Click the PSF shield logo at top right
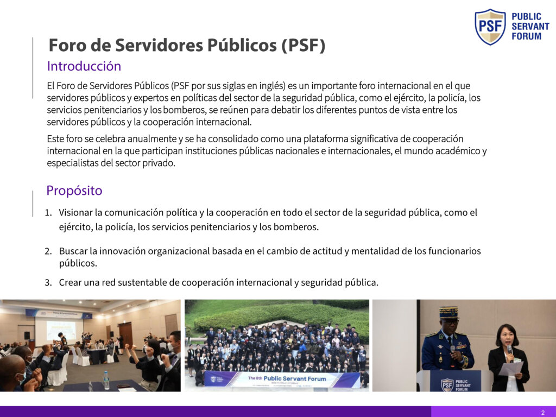coord(490,27)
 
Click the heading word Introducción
coord(84,66)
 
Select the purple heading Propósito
coord(74,191)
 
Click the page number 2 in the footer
coord(543,413)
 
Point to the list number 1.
coord(48,213)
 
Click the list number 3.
coord(48,282)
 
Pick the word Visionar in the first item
coord(75,212)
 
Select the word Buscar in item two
coord(73,251)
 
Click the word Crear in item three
coord(69,282)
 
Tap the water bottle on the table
coord(106,380)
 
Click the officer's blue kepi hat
coord(448,312)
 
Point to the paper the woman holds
coord(510,369)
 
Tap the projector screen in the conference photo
coord(61,331)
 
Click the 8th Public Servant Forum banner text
coord(287,378)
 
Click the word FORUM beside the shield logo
coord(527,36)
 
